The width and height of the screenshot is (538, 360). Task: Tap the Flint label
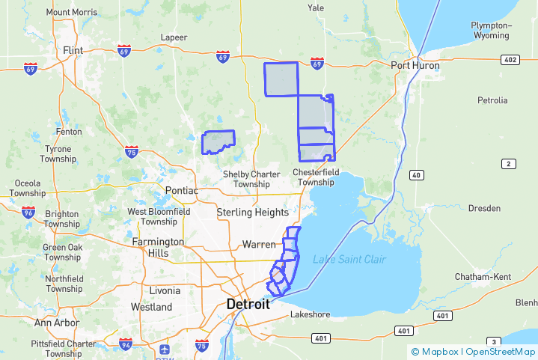[x=73, y=50]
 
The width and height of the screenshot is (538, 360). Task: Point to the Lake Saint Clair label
[x=349, y=259]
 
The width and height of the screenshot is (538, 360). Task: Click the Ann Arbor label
[x=56, y=323]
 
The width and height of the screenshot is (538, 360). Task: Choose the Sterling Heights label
[x=252, y=213]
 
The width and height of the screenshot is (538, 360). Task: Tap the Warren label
[x=258, y=244]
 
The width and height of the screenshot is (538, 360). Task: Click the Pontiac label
[x=181, y=190]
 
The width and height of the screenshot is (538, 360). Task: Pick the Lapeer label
[x=174, y=37]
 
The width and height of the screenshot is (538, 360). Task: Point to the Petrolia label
[x=492, y=100]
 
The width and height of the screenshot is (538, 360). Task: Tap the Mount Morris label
[x=72, y=12]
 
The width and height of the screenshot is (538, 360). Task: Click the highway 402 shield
[x=510, y=59]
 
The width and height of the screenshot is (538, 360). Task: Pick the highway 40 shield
[x=416, y=174]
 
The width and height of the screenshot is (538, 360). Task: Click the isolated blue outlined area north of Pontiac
[x=218, y=142]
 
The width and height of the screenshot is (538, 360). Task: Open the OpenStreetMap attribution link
[x=500, y=351]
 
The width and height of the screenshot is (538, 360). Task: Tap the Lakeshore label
[x=310, y=314]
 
